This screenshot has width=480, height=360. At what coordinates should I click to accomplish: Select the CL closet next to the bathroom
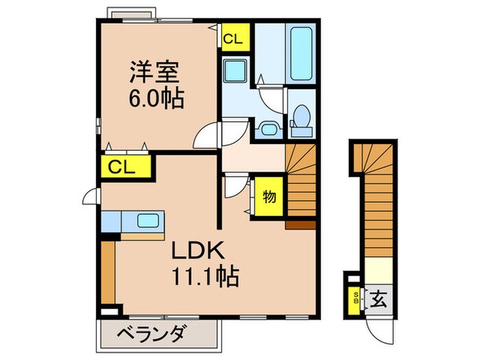click(233, 38)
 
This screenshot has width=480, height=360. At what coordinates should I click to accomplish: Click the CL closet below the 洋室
click(122, 167)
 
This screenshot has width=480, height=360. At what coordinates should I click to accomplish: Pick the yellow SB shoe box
click(355, 299)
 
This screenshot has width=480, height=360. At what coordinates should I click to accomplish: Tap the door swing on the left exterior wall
click(90, 199)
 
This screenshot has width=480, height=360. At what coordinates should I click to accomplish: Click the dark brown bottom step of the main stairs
click(300, 224)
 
